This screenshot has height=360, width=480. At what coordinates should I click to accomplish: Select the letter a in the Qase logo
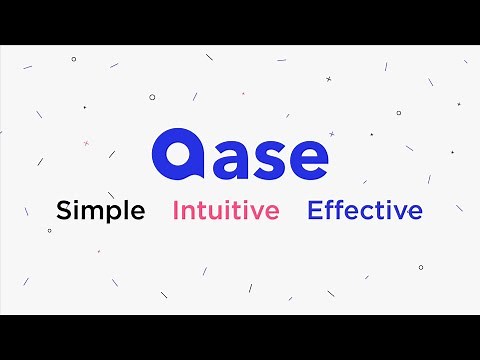pyautogui.click(x=225, y=157)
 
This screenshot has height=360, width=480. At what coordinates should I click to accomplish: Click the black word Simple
pyautogui.click(x=101, y=211)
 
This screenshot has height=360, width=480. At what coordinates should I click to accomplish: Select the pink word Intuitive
pyautogui.click(x=226, y=211)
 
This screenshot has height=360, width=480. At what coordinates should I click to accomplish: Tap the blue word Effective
pyautogui.click(x=365, y=211)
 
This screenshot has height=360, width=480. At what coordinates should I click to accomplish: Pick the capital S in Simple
pyautogui.click(x=64, y=211)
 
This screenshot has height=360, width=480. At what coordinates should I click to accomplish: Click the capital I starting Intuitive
pyautogui.click(x=177, y=211)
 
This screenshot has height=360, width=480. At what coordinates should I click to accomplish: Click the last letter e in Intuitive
pyautogui.click(x=271, y=213)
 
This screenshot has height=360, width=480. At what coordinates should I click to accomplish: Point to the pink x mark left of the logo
pyautogui.click(x=86, y=143)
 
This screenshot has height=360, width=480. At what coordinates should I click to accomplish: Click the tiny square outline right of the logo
pyautogui.click(x=372, y=134)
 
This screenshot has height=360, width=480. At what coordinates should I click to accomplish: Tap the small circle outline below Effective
pyautogui.click(x=420, y=267)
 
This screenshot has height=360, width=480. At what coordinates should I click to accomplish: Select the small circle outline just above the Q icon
pyautogui.click(x=152, y=97)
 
